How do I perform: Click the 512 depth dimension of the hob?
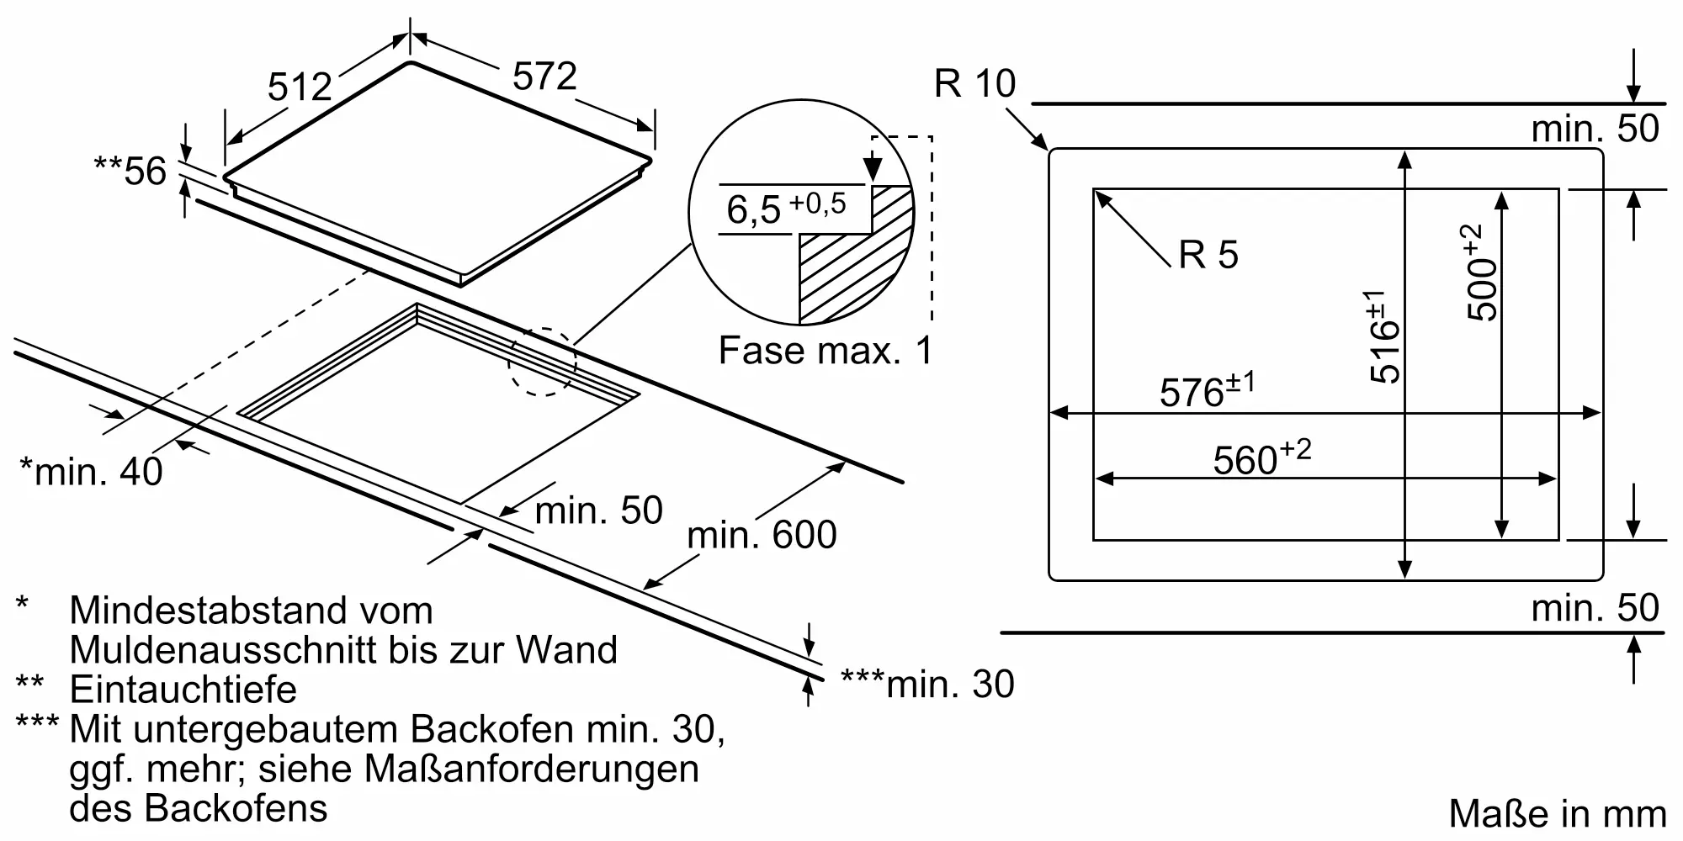(300, 86)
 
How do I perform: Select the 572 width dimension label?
(544, 77)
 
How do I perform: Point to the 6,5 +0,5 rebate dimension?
(785, 208)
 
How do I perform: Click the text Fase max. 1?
(826, 350)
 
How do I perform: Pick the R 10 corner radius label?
(974, 83)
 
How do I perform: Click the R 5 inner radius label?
(1208, 254)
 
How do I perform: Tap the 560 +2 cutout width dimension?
(1261, 458)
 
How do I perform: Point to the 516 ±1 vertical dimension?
(1383, 336)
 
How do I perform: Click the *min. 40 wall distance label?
(91, 471)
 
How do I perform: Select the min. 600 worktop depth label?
(762, 535)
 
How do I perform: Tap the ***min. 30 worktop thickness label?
(927, 685)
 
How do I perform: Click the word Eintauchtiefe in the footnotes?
(183, 690)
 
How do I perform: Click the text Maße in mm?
(1558, 814)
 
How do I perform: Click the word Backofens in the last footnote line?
(236, 808)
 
